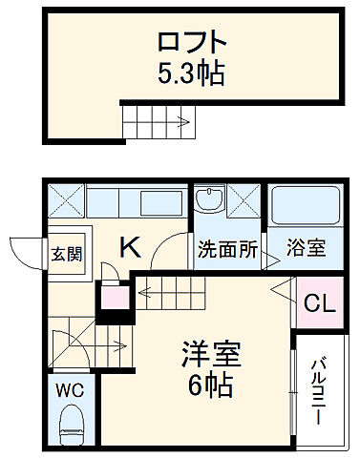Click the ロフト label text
tap(192, 43)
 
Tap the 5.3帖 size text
tap(192, 73)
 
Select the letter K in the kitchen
tap(130, 248)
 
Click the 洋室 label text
tap(212, 355)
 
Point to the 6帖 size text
tap(212, 385)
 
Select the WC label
tap(69, 391)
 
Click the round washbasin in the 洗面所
tap(206, 200)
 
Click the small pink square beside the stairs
tap(114, 299)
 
